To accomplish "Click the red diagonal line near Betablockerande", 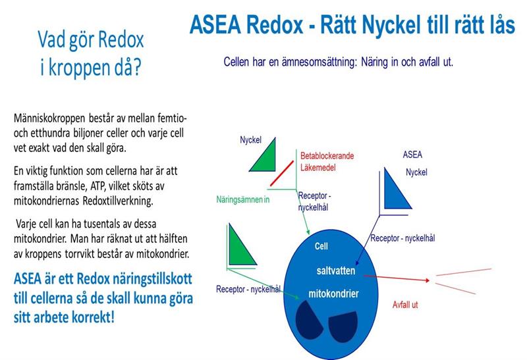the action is (x=282, y=173).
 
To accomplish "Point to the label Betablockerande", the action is (x=327, y=156).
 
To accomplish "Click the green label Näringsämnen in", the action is (x=242, y=199).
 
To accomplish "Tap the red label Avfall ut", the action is (x=405, y=305).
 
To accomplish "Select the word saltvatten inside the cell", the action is (x=335, y=270).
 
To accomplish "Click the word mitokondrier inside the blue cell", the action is (x=333, y=294).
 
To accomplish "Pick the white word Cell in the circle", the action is (x=321, y=246).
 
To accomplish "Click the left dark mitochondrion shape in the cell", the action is (x=308, y=320).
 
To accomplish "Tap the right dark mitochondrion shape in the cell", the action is (x=343, y=326).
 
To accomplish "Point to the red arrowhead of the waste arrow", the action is (x=427, y=280).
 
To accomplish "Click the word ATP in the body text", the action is (x=97, y=186).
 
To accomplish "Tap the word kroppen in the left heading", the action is (x=79, y=68).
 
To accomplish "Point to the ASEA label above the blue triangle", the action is (x=412, y=155).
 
